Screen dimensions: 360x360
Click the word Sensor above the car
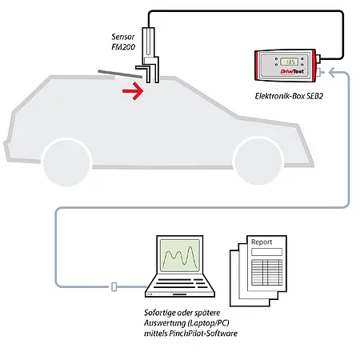click(x=125, y=38)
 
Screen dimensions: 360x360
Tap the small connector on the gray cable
click(x=117, y=286)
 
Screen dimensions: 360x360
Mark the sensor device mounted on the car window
click(x=153, y=56)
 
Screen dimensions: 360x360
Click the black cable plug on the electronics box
click(x=322, y=60)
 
